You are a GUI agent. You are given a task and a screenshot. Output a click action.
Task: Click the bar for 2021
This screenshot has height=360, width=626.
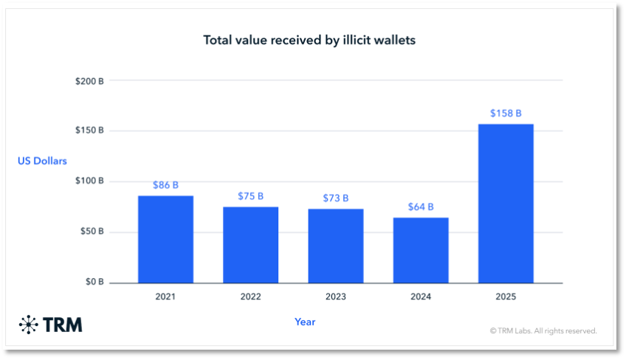point(165,239)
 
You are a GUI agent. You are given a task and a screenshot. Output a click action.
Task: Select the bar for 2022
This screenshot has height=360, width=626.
point(250,244)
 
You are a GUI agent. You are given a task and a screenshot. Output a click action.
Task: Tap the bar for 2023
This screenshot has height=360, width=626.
point(336,246)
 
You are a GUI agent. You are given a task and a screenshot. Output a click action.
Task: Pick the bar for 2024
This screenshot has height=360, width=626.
point(421,250)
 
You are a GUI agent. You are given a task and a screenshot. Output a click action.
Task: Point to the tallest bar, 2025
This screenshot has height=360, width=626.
point(506,203)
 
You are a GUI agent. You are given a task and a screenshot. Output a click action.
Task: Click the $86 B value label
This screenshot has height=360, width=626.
point(165,185)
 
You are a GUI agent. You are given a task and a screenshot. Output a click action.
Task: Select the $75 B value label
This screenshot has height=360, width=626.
point(250,196)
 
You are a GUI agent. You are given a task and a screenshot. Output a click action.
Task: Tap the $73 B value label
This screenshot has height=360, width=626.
point(336,198)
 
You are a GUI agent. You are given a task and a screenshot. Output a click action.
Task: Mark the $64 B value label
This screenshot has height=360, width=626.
point(421,207)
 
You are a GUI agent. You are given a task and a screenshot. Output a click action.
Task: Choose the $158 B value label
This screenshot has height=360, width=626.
point(506,114)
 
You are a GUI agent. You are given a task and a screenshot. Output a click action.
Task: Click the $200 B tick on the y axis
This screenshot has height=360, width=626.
point(90,80)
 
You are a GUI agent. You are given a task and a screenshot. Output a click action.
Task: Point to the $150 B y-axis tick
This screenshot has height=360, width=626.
point(90,131)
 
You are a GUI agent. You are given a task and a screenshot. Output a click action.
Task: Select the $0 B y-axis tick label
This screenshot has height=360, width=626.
point(94,283)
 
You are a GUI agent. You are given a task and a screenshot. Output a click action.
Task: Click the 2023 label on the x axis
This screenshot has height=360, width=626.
point(336,297)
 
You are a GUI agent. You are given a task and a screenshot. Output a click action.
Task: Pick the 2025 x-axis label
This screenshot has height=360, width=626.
point(506,297)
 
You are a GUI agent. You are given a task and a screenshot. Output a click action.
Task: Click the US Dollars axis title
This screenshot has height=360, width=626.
point(42,161)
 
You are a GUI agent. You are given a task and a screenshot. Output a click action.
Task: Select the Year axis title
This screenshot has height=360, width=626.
point(305,322)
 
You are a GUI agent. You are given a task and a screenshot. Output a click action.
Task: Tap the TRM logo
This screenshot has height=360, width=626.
point(51,324)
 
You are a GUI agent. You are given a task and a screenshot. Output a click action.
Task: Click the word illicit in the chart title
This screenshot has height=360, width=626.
point(347,40)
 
